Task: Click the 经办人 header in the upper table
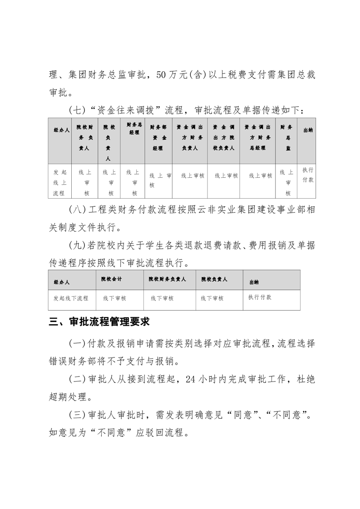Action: (x=61, y=130)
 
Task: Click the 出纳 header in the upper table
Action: (x=307, y=130)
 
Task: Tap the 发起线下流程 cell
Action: (x=71, y=299)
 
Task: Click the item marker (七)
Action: (x=76, y=110)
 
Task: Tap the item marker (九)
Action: (x=76, y=246)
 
